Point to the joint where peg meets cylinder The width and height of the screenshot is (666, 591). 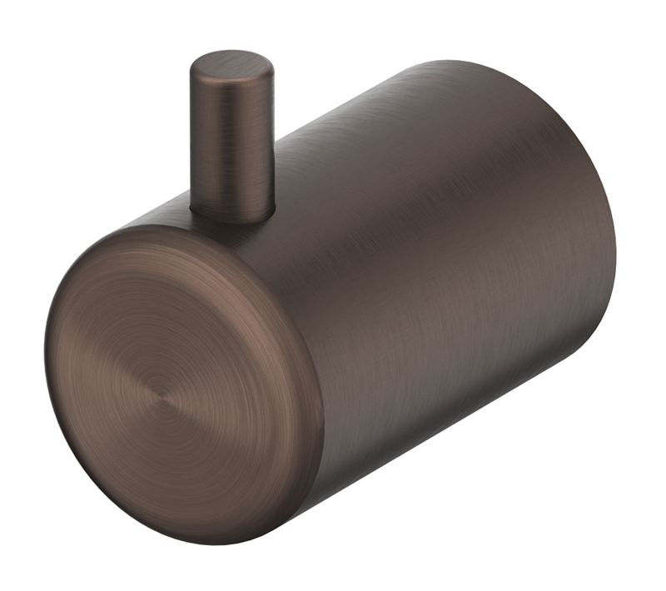point(233,215)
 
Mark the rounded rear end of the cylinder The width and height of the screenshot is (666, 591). point(583,191)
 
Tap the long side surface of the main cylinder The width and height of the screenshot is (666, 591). point(433,250)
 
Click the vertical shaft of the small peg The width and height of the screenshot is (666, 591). point(232,146)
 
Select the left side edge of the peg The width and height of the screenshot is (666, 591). point(192,142)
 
